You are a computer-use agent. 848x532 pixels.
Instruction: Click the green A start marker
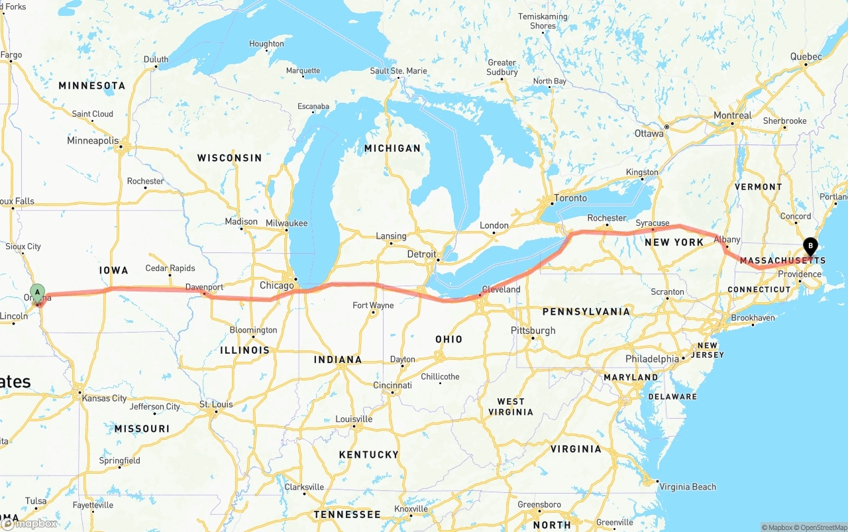pos(38,292)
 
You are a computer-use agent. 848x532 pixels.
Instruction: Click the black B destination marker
pos(810,246)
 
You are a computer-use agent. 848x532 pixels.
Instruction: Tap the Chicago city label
pos(276,286)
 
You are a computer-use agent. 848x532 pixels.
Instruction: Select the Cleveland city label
pos(501,290)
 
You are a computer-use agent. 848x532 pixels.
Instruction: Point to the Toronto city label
pos(570,198)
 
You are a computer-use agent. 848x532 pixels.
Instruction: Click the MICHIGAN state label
pos(392,148)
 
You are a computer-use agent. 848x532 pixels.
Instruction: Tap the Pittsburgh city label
pos(533,331)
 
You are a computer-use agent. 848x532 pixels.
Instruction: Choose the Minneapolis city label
pos(93,140)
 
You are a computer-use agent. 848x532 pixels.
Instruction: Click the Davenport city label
pos(204,288)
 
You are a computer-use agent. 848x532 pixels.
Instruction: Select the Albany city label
pos(727,240)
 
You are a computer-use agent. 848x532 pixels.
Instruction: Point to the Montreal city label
pos(732,115)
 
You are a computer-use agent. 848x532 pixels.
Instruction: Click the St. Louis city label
pos(216,404)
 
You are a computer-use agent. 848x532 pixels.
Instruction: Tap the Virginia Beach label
pos(687,486)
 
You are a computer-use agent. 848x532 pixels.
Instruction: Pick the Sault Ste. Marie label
pos(398,71)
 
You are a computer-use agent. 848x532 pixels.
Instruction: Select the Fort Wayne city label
pos(373,305)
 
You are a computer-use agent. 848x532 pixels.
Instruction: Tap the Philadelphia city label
pos(652,359)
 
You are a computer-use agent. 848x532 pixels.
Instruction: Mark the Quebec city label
pos(806,57)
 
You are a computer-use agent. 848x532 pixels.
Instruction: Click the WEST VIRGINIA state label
pos(510,406)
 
